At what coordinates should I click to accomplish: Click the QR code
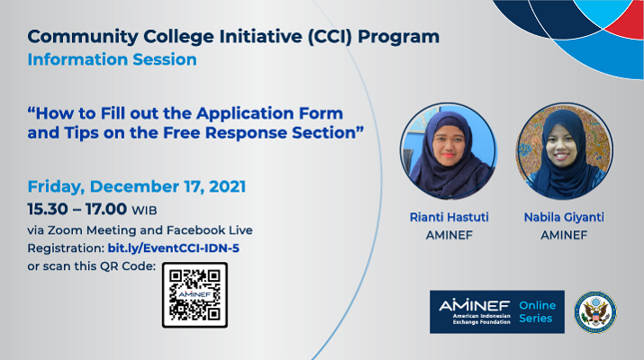click(195, 294)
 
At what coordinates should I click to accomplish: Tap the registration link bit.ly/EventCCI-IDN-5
click(173, 248)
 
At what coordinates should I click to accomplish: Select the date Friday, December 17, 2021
click(137, 187)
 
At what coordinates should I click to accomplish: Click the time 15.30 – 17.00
click(77, 209)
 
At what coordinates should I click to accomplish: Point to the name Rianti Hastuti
click(449, 217)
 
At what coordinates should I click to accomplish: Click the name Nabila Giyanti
click(564, 217)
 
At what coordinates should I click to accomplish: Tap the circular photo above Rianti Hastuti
click(449, 151)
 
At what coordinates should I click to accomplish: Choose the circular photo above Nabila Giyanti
click(565, 151)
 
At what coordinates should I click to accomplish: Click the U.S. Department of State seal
click(595, 312)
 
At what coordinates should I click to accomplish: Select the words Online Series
click(537, 311)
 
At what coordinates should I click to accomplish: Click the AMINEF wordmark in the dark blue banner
click(475, 305)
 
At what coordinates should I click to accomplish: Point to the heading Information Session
click(112, 60)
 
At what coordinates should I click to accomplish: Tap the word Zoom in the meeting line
click(66, 230)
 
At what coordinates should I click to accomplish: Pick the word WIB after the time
click(144, 211)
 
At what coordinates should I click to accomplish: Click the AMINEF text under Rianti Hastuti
click(449, 235)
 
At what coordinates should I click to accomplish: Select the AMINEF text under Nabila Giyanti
click(564, 235)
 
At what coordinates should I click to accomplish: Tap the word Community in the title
click(83, 37)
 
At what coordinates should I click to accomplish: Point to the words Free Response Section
click(264, 133)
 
